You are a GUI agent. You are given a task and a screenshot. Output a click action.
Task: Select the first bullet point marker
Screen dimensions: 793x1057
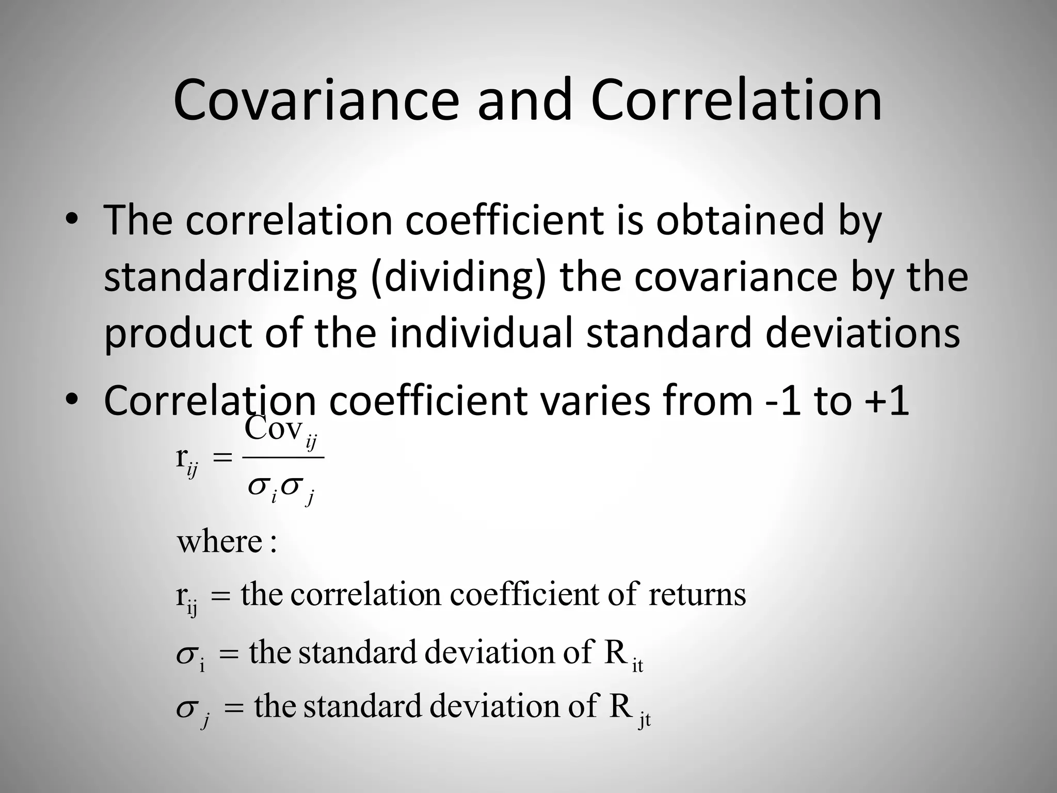(72, 219)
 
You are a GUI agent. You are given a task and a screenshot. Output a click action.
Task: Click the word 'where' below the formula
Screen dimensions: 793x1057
(220, 542)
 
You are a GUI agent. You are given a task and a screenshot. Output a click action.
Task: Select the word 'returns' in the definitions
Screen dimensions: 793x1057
(697, 594)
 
